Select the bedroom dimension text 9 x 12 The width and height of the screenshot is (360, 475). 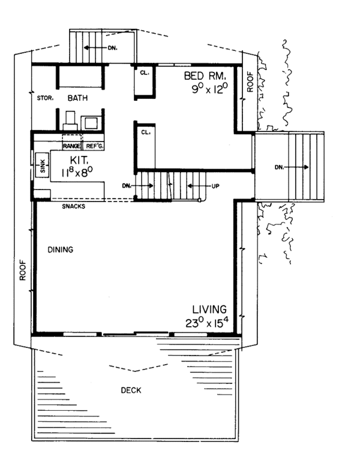207,89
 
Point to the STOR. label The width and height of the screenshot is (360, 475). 46,97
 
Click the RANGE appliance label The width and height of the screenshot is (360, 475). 73,146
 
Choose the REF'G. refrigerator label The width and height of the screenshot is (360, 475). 95,146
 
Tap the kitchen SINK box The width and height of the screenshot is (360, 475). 43,164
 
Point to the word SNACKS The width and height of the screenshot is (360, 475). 73,207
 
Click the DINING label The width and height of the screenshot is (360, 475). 61,250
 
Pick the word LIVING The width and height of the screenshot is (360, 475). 208,309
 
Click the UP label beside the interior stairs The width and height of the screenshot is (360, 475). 215,186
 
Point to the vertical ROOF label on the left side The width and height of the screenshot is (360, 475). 22,273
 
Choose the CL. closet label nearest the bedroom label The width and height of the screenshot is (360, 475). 145,74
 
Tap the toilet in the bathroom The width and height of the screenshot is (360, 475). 69,120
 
